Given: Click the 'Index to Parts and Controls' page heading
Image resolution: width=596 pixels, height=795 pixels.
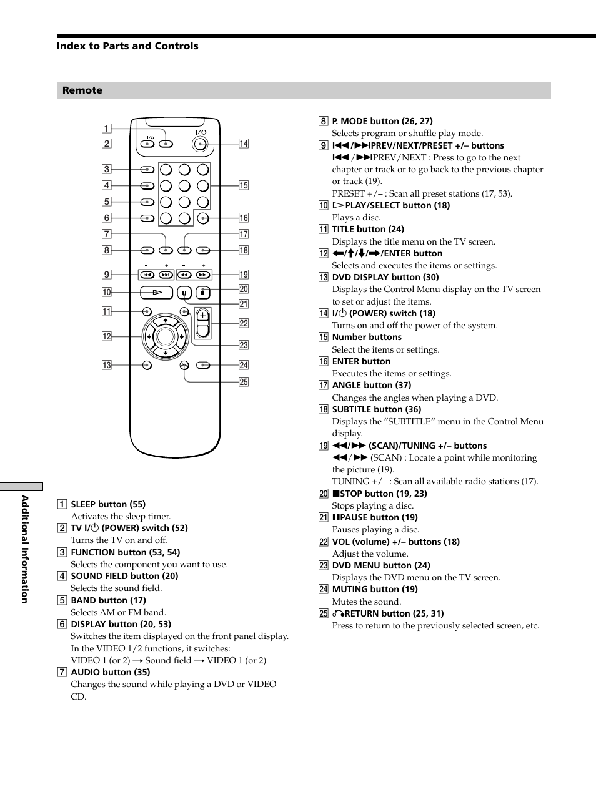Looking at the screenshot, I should pyautogui.click(x=127, y=46).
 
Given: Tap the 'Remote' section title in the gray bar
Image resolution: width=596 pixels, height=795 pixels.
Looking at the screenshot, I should pyautogui.click(x=82, y=90).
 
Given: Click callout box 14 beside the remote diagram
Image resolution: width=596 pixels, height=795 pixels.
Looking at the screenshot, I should pyautogui.click(x=244, y=144).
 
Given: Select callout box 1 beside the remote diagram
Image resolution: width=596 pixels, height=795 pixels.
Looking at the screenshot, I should pyautogui.click(x=107, y=129).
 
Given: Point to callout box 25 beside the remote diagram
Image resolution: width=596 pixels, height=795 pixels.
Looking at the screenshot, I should pyautogui.click(x=244, y=382).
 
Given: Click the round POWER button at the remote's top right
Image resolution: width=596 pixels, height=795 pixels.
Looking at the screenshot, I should pyautogui.click(x=199, y=144).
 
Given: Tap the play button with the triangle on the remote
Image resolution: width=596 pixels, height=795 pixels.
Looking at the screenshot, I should pyautogui.click(x=156, y=292).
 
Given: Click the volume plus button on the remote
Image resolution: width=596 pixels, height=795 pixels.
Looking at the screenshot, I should pyautogui.click(x=202, y=316).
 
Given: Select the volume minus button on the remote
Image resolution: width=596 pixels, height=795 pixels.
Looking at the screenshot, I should pyautogui.click(x=202, y=331).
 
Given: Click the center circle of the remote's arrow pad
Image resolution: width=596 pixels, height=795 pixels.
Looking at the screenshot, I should pyautogui.click(x=166, y=336).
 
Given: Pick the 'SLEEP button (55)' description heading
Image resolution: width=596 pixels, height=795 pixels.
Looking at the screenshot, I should pyautogui.click(x=108, y=504).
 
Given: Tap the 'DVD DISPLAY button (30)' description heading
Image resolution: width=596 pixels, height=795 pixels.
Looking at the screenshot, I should pyautogui.click(x=385, y=277).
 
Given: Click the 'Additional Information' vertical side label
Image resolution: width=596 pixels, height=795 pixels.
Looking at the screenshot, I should pyautogui.click(x=25, y=549).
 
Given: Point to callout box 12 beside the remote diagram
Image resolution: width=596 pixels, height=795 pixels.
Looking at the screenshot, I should pyautogui.click(x=107, y=336).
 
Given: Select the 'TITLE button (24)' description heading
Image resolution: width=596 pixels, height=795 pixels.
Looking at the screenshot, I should pyautogui.click(x=368, y=229).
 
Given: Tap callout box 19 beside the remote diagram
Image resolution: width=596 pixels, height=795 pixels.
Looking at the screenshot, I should pyautogui.click(x=244, y=275).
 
